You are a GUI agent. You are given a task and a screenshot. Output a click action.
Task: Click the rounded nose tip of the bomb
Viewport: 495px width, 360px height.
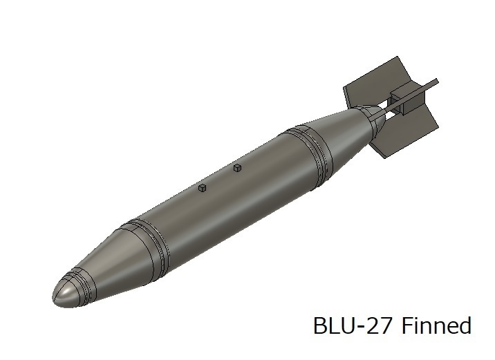(61, 296)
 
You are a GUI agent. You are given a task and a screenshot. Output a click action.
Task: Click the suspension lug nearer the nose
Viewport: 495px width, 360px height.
(203, 188)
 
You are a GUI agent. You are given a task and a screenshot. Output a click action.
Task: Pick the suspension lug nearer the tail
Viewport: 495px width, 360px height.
(237, 168)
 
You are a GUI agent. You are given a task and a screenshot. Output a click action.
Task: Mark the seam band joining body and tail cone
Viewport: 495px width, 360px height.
(310, 153)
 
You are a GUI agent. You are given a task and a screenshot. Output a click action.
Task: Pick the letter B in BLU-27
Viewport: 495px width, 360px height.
(320, 325)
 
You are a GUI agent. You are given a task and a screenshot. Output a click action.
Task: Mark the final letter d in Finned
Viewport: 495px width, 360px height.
(465, 325)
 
